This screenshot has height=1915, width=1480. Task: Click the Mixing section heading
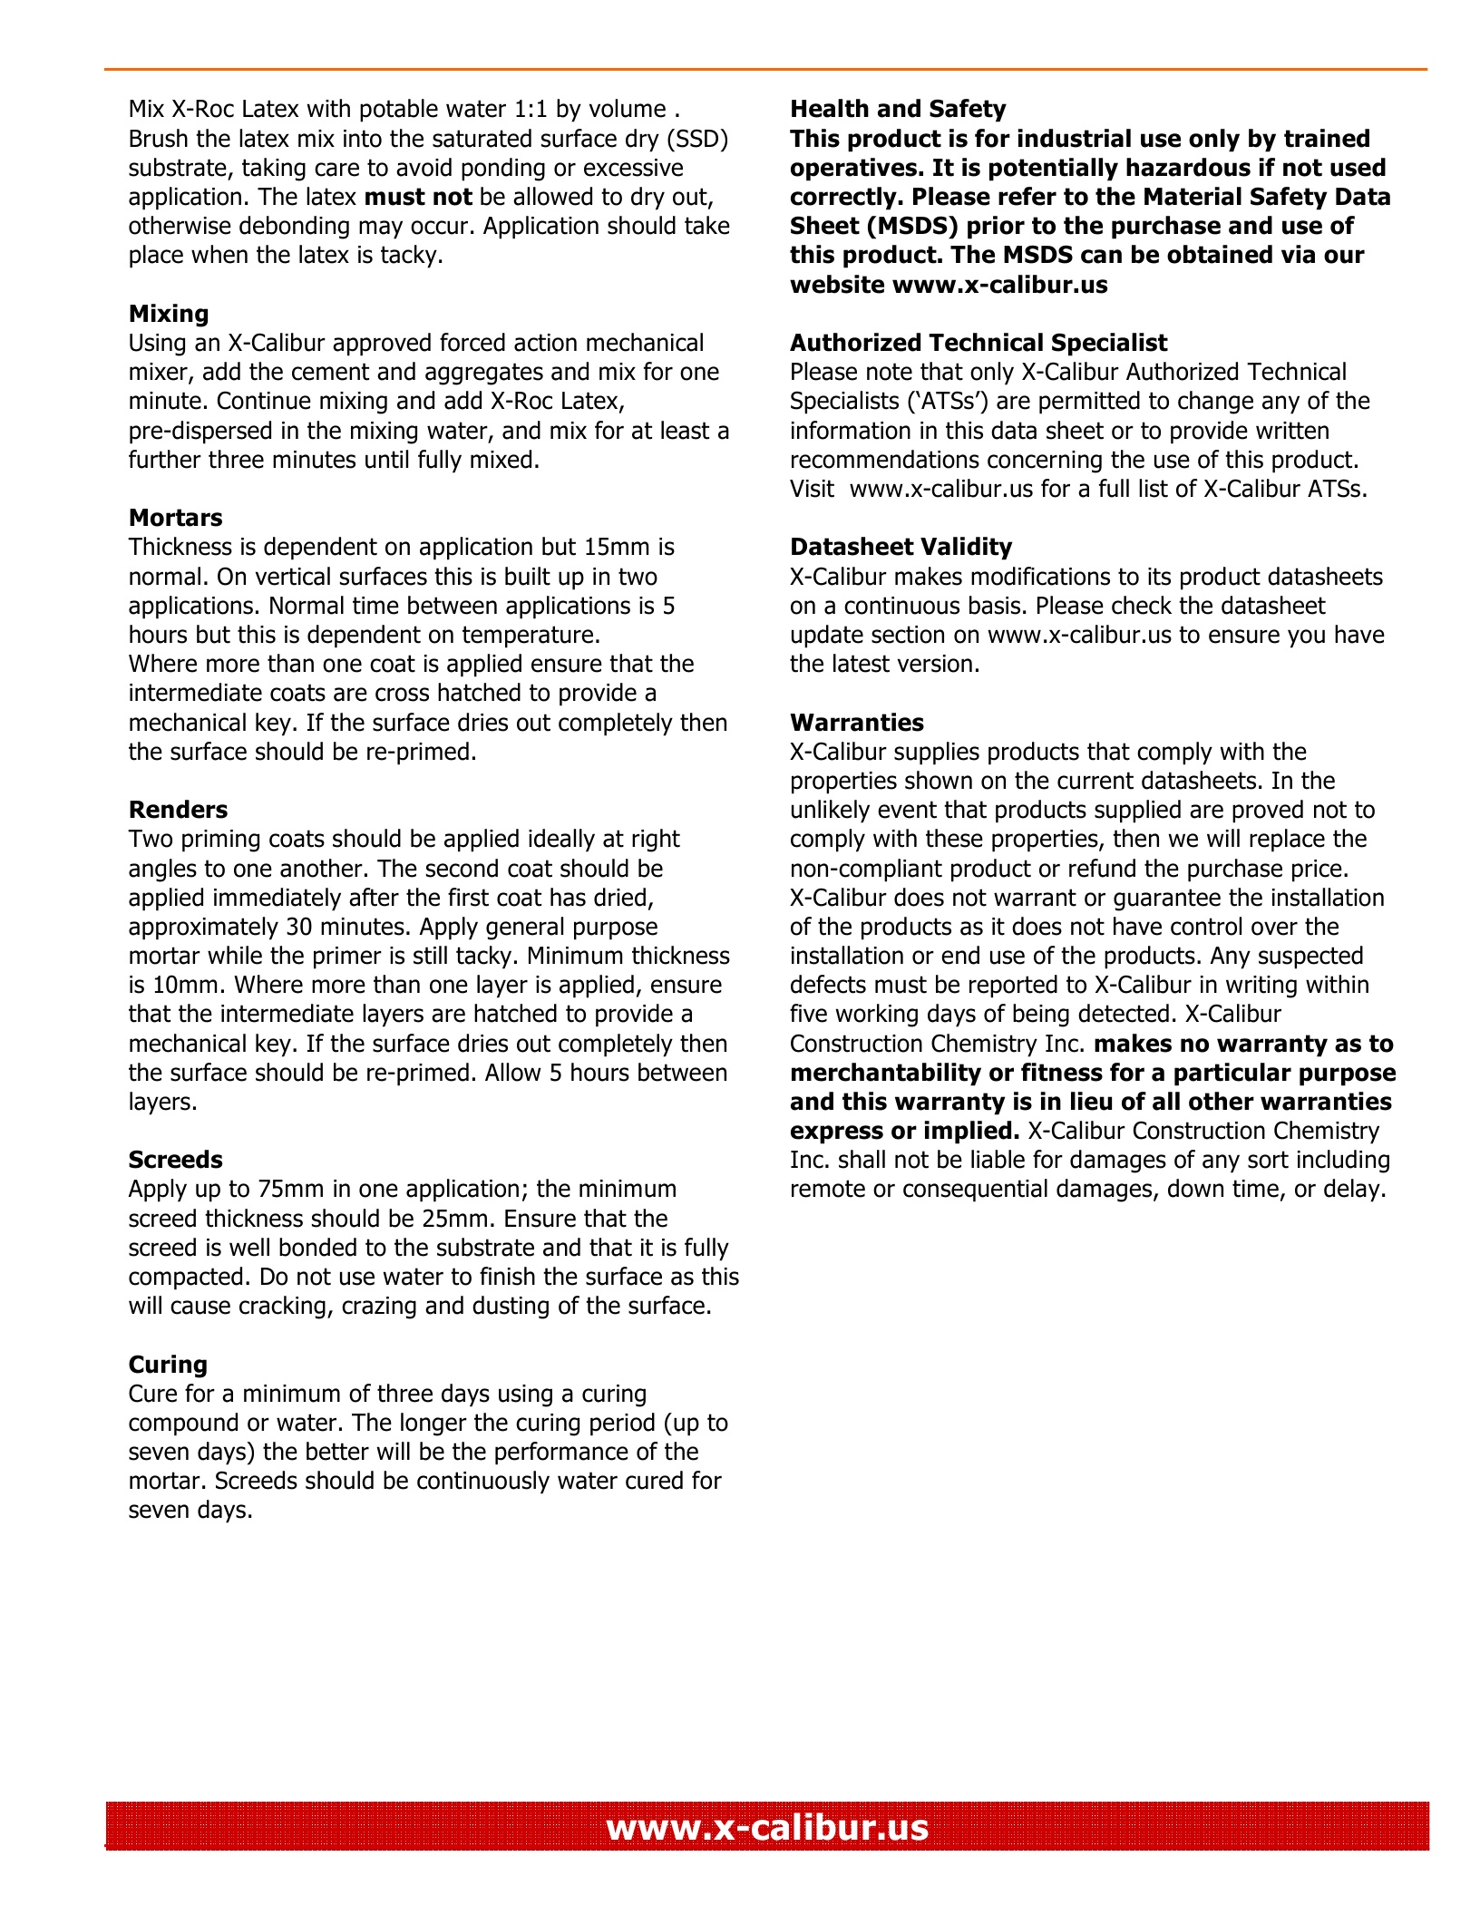click(169, 314)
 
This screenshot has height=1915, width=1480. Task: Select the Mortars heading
click(175, 518)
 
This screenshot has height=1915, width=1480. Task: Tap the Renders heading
click(178, 810)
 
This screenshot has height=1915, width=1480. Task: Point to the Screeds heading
click(175, 1160)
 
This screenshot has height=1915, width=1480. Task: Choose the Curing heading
click(168, 1365)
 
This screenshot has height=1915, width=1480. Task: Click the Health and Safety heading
click(898, 109)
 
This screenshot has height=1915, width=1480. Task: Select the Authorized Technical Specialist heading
click(979, 343)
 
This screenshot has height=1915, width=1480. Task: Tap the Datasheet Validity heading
click(901, 547)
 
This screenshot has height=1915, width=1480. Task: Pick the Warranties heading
click(857, 723)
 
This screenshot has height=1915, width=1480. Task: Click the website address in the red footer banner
click(767, 1826)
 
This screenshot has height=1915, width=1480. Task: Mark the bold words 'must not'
click(418, 198)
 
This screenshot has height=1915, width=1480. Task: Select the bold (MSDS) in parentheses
click(911, 227)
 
